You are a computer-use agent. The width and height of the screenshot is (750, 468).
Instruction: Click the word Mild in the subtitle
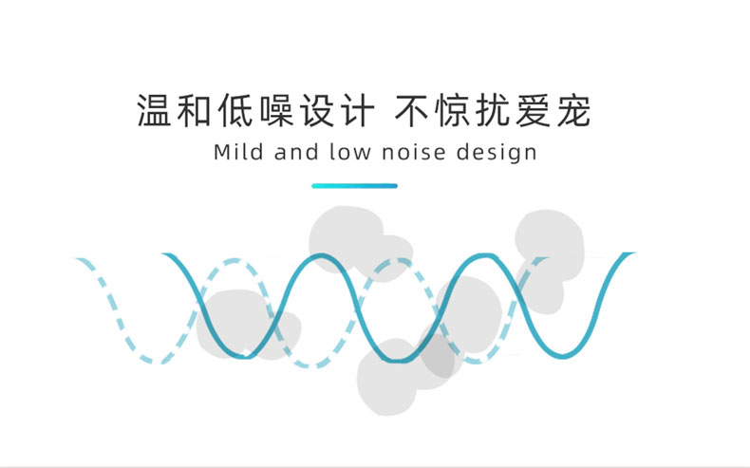click(239, 152)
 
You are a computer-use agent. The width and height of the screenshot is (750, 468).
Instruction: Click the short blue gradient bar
click(354, 185)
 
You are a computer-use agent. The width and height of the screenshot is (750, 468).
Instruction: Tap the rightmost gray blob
click(551, 242)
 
